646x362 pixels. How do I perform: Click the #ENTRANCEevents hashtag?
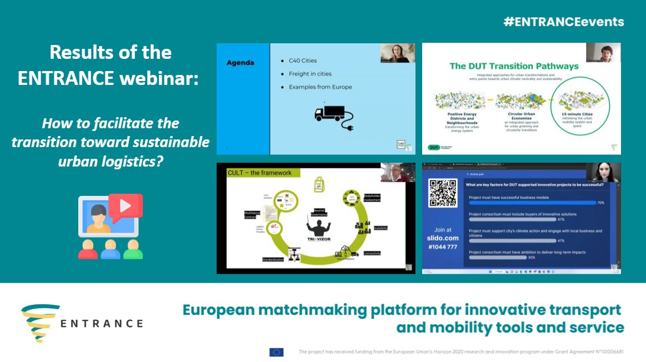click(x=563, y=22)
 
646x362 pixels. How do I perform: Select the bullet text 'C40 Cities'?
click(x=303, y=60)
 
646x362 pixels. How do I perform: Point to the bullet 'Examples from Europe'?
click(x=320, y=87)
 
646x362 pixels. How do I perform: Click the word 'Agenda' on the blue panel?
click(x=240, y=63)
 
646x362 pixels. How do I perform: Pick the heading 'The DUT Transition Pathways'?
click(x=514, y=66)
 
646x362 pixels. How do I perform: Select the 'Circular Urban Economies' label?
click(x=514, y=115)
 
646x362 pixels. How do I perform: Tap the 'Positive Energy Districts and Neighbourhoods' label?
click(x=455, y=118)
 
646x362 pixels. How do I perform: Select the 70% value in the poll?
click(x=600, y=203)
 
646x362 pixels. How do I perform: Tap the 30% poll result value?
click(x=532, y=258)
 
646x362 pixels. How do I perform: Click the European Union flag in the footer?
click(x=276, y=352)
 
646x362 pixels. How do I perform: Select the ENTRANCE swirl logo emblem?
click(x=41, y=323)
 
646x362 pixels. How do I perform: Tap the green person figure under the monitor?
click(x=133, y=250)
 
